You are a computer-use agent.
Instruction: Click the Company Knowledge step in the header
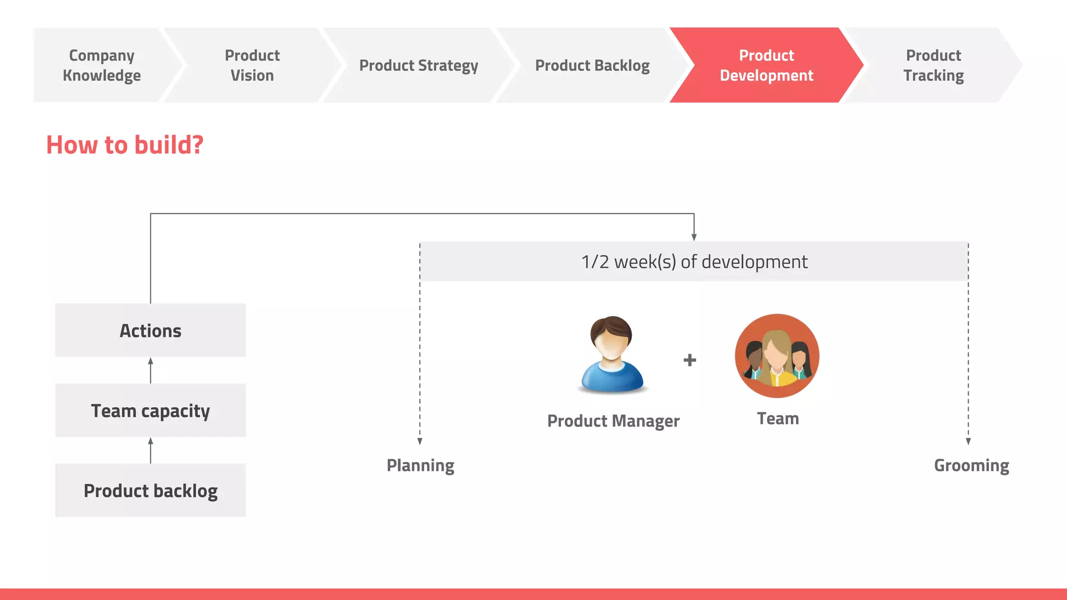coord(102,65)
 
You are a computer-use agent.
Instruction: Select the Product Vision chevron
coord(252,65)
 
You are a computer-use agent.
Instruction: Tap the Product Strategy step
coord(418,65)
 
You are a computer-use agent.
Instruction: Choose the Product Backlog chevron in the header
coord(592,65)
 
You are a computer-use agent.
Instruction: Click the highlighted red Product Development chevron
coord(766,65)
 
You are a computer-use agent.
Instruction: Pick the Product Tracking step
coord(933,65)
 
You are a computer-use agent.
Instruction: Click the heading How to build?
coord(125,145)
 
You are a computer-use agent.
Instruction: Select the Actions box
coord(151,330)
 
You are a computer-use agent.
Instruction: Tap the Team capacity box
coord(151,410)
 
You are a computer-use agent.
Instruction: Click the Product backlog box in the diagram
coord(151,490)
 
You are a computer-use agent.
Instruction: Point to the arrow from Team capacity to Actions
coord(151,370)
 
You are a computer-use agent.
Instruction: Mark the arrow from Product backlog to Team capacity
coord(151,450)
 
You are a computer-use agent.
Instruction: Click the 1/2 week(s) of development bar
coord(694,261)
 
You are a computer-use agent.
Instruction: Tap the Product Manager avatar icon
coord(612,354)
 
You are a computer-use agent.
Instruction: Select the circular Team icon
coord(777,356)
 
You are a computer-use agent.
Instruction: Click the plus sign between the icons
coord(690,360)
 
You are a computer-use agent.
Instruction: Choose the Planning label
coord(420,465)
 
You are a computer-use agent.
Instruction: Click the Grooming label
coord(971,465)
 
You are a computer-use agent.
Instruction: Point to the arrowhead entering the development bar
coord(694,236)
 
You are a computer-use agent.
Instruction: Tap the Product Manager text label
coord(613,421)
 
